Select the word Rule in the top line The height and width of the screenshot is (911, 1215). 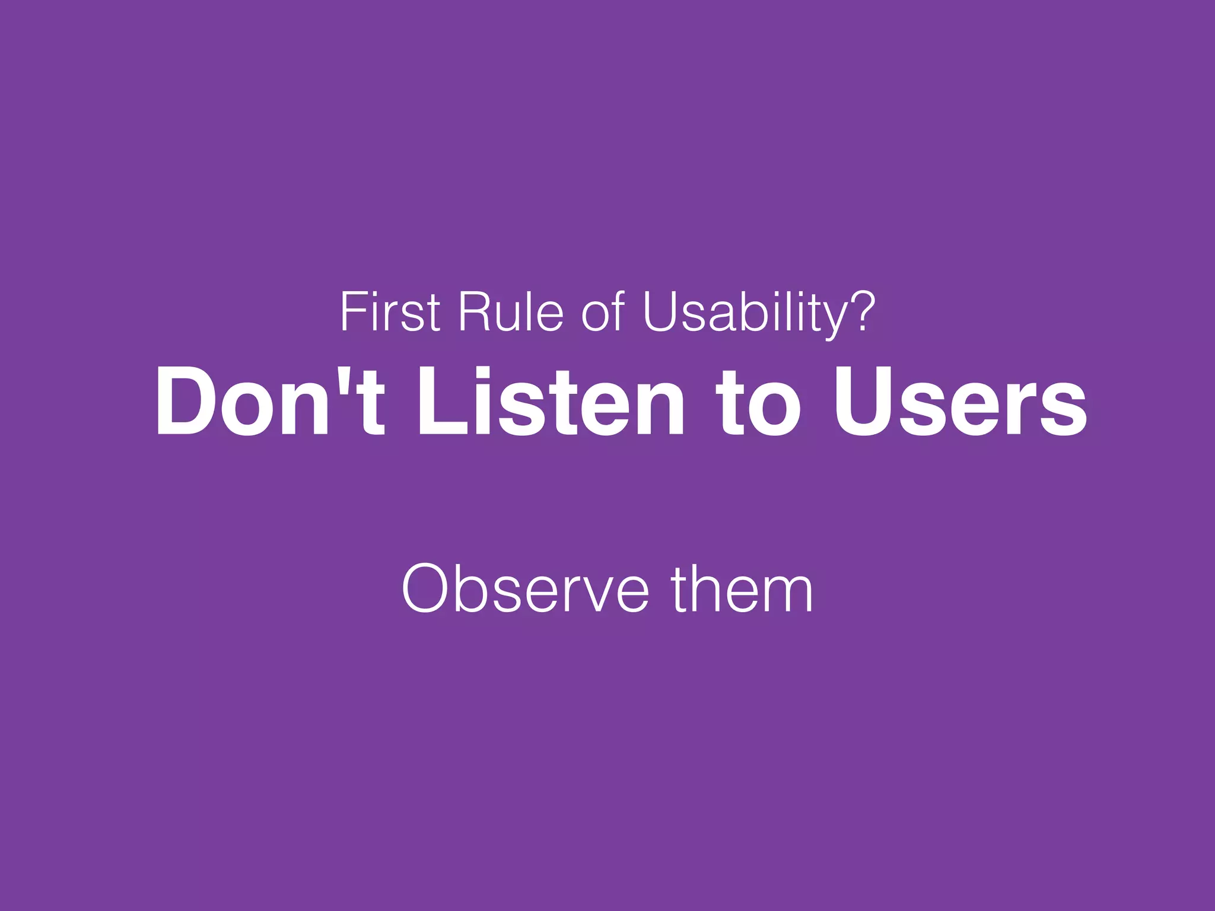[x=510, y=312]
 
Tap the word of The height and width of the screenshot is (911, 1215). [x=603, y=312]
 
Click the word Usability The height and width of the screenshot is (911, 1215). [x=742, y=312]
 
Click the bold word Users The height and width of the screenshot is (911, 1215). [x=960, y=402]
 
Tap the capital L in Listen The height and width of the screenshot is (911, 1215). [x=439, y=402]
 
